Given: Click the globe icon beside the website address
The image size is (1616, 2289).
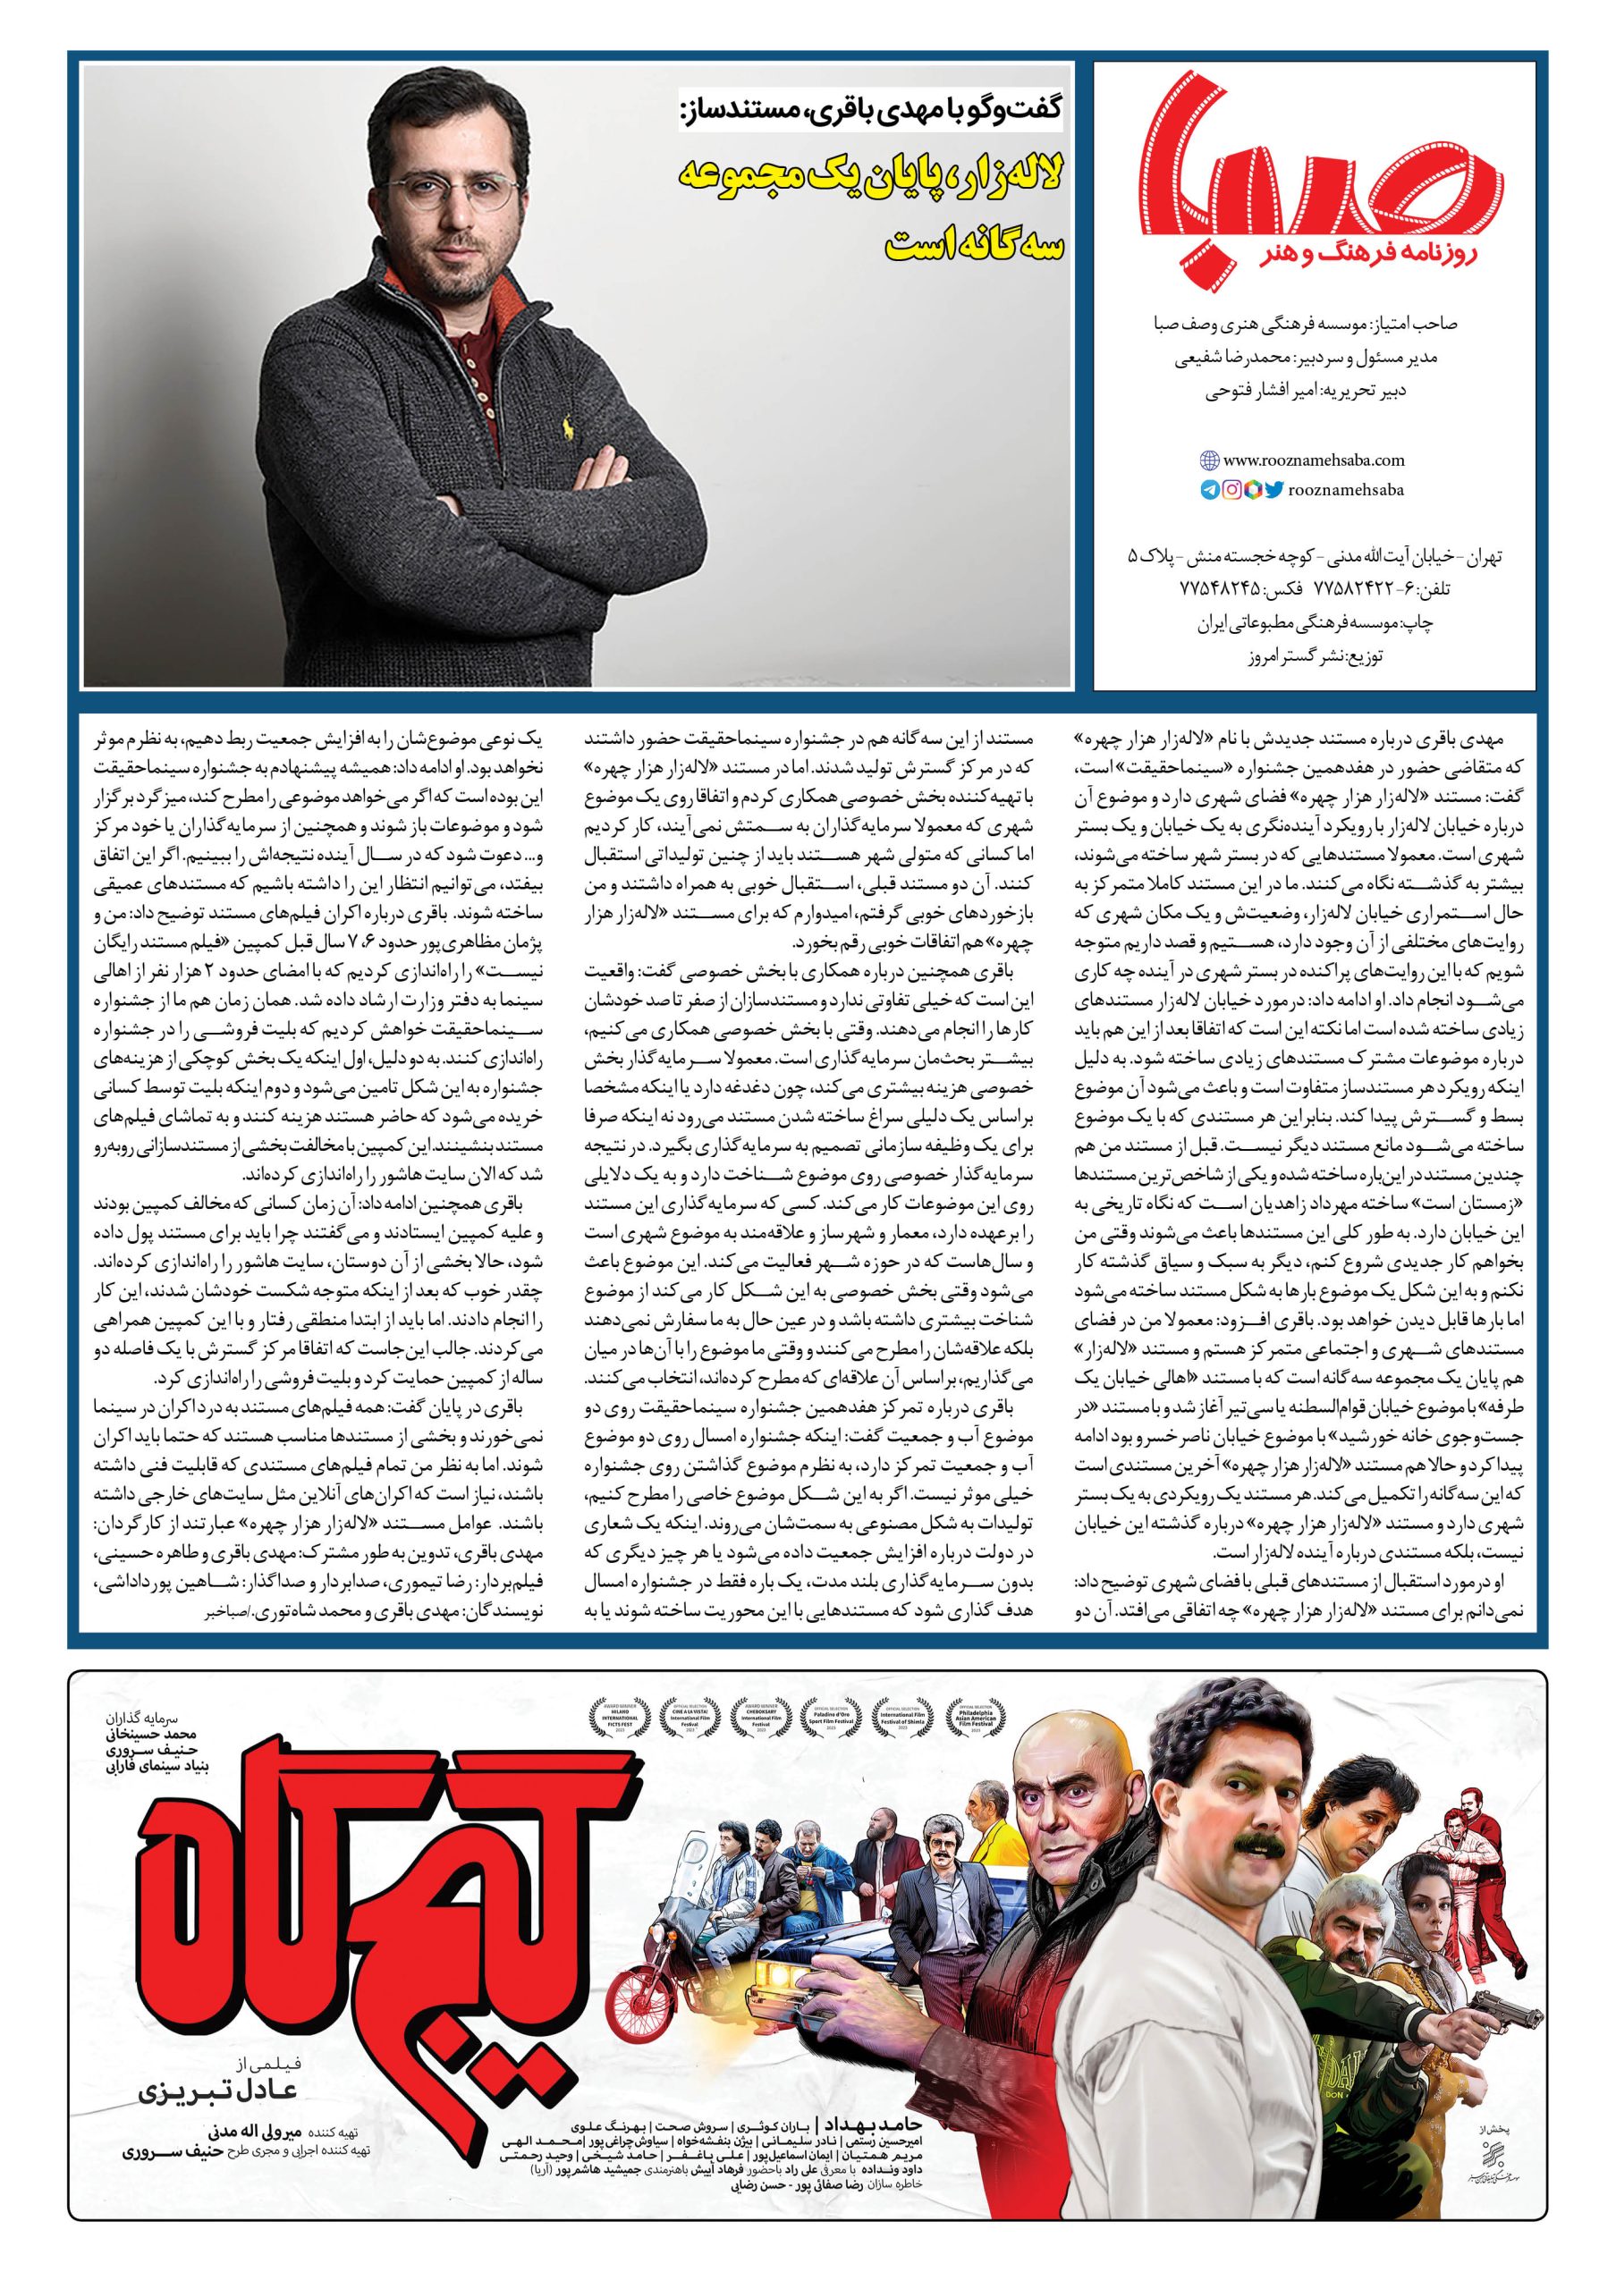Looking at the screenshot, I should click(x=1208, y=460).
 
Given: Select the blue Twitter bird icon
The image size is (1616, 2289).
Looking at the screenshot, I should click(x=1272, y=489).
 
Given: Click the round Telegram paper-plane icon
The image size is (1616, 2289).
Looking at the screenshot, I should click(x=1209, y=489).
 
